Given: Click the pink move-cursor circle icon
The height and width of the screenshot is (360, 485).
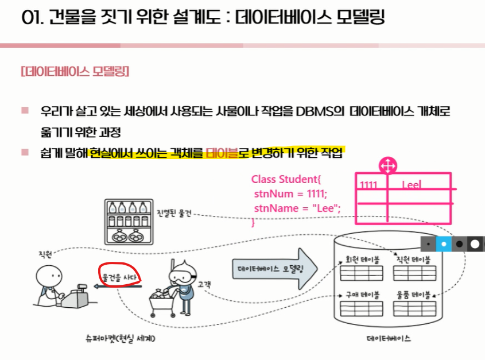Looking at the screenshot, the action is [x=388, y=166].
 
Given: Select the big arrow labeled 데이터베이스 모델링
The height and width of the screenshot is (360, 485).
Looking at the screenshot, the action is [x=275, y=269].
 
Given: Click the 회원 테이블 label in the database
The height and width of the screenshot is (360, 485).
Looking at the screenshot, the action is [x=363, y=260].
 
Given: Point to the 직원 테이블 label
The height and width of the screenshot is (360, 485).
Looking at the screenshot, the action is [x=414, y=260].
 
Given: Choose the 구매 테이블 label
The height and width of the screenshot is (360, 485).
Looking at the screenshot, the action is [x=363, y=295].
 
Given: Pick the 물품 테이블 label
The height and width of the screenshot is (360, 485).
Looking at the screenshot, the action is [x=414, y=295].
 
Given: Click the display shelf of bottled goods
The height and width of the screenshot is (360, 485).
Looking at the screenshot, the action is [x=129, y=222].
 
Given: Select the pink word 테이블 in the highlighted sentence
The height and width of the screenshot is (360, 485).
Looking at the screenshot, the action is [x=222, y=153].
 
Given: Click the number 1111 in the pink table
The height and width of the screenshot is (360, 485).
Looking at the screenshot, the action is [x=368, y=185].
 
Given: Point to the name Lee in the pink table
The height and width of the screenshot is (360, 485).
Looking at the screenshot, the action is [x=411, y=185].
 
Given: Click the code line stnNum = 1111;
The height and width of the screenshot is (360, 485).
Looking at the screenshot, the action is [x=290, y=193].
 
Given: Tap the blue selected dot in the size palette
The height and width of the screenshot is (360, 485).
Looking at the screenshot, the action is [x=444, y=244].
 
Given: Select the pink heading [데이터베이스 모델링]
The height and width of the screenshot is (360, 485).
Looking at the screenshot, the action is [x=75, y=72].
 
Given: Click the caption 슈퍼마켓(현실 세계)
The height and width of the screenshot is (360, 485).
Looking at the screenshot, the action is [x=121, y=338].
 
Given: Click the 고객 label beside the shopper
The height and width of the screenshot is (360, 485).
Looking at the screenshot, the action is [x=204, y=284].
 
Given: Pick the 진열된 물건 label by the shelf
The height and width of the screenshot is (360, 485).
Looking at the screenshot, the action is [x=174, y=213].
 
